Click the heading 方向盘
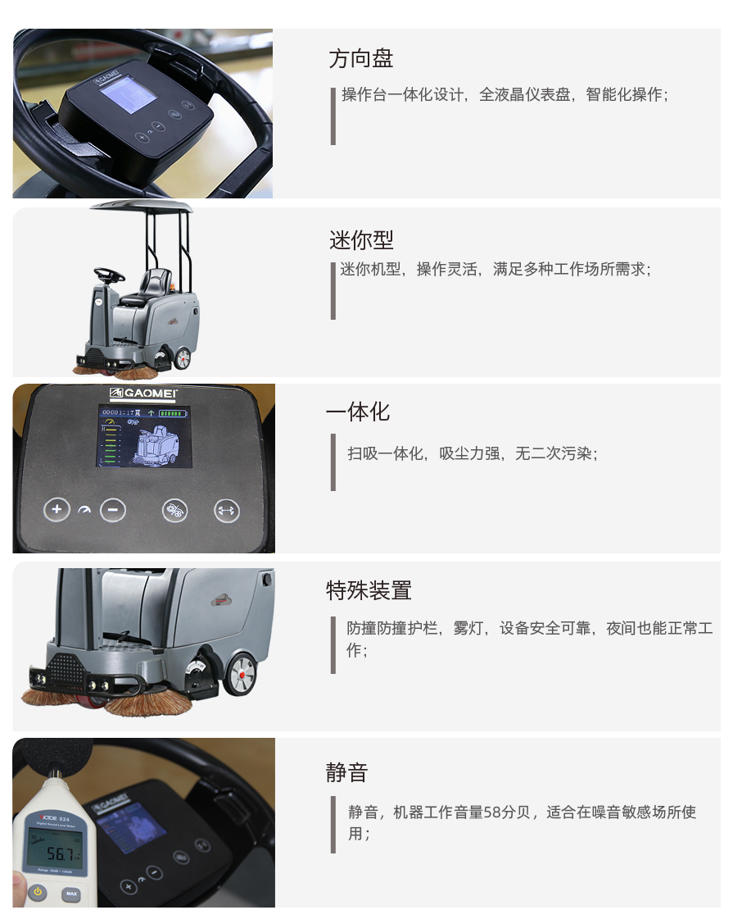point(360,58)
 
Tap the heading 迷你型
point(361,239)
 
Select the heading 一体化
point(358,412)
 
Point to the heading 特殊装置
point(369,590)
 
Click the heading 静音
point(346,772)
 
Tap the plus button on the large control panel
point(57,510)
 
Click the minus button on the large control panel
point(112,510)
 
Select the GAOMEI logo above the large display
point(143,393)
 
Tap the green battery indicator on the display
point(174,413)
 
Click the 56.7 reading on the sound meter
point(61,853)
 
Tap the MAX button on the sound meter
point(71,894)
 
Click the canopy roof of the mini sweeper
point(142,206)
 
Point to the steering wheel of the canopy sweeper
point(109,273)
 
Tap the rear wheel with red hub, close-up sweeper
point(240,674)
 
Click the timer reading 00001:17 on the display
point(118,412)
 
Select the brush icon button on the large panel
point(174,511)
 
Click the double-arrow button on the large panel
point(226,511)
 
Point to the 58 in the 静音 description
point(491,812)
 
